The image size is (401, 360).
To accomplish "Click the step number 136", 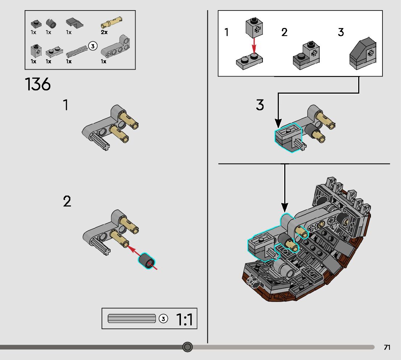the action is (x=38, y=85).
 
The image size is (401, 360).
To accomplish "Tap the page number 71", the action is (x=387, y=347).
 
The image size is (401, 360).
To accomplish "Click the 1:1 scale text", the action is (x=185, y=319).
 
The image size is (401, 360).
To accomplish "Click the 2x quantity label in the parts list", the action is (x=104, y=32).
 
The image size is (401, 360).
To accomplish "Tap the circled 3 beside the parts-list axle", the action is (x=93, y=46).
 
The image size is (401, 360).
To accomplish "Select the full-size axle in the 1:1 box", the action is (x=132, y=319).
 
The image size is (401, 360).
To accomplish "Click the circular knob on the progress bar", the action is (x=187, y=347).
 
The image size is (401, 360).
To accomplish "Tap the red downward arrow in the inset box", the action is (x=254, y=45).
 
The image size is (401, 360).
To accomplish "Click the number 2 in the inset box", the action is (x=284, y=32).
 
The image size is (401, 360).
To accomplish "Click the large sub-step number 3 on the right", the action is (x=260, y=105).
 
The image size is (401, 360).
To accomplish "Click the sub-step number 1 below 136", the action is (x=66, y=105).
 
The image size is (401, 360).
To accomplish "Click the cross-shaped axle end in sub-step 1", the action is (x=106, y=148).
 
